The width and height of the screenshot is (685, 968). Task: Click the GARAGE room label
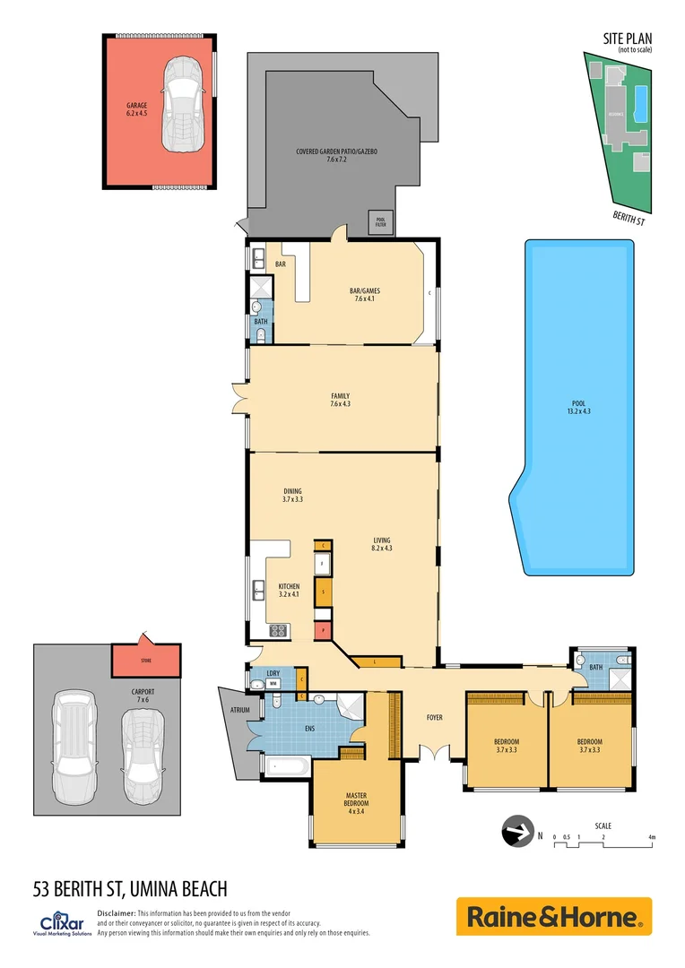tap(136, 109)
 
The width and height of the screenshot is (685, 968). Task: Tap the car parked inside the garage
tap(183, 103)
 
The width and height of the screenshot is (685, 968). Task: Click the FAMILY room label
tap(340, 400)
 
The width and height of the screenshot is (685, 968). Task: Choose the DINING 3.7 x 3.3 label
tap(292, 495)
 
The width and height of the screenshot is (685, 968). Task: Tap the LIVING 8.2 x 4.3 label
tap(382, 544)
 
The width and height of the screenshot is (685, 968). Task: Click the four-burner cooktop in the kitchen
tap(278, 630)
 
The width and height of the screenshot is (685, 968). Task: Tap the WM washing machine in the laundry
tap(272, 684)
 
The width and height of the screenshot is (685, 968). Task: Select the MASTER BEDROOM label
tap(356, 799)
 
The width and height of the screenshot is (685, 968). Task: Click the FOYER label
tap(435, 716)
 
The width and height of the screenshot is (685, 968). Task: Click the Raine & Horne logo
tap(553, 917)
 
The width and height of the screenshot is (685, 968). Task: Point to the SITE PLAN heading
tap(628, 38)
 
